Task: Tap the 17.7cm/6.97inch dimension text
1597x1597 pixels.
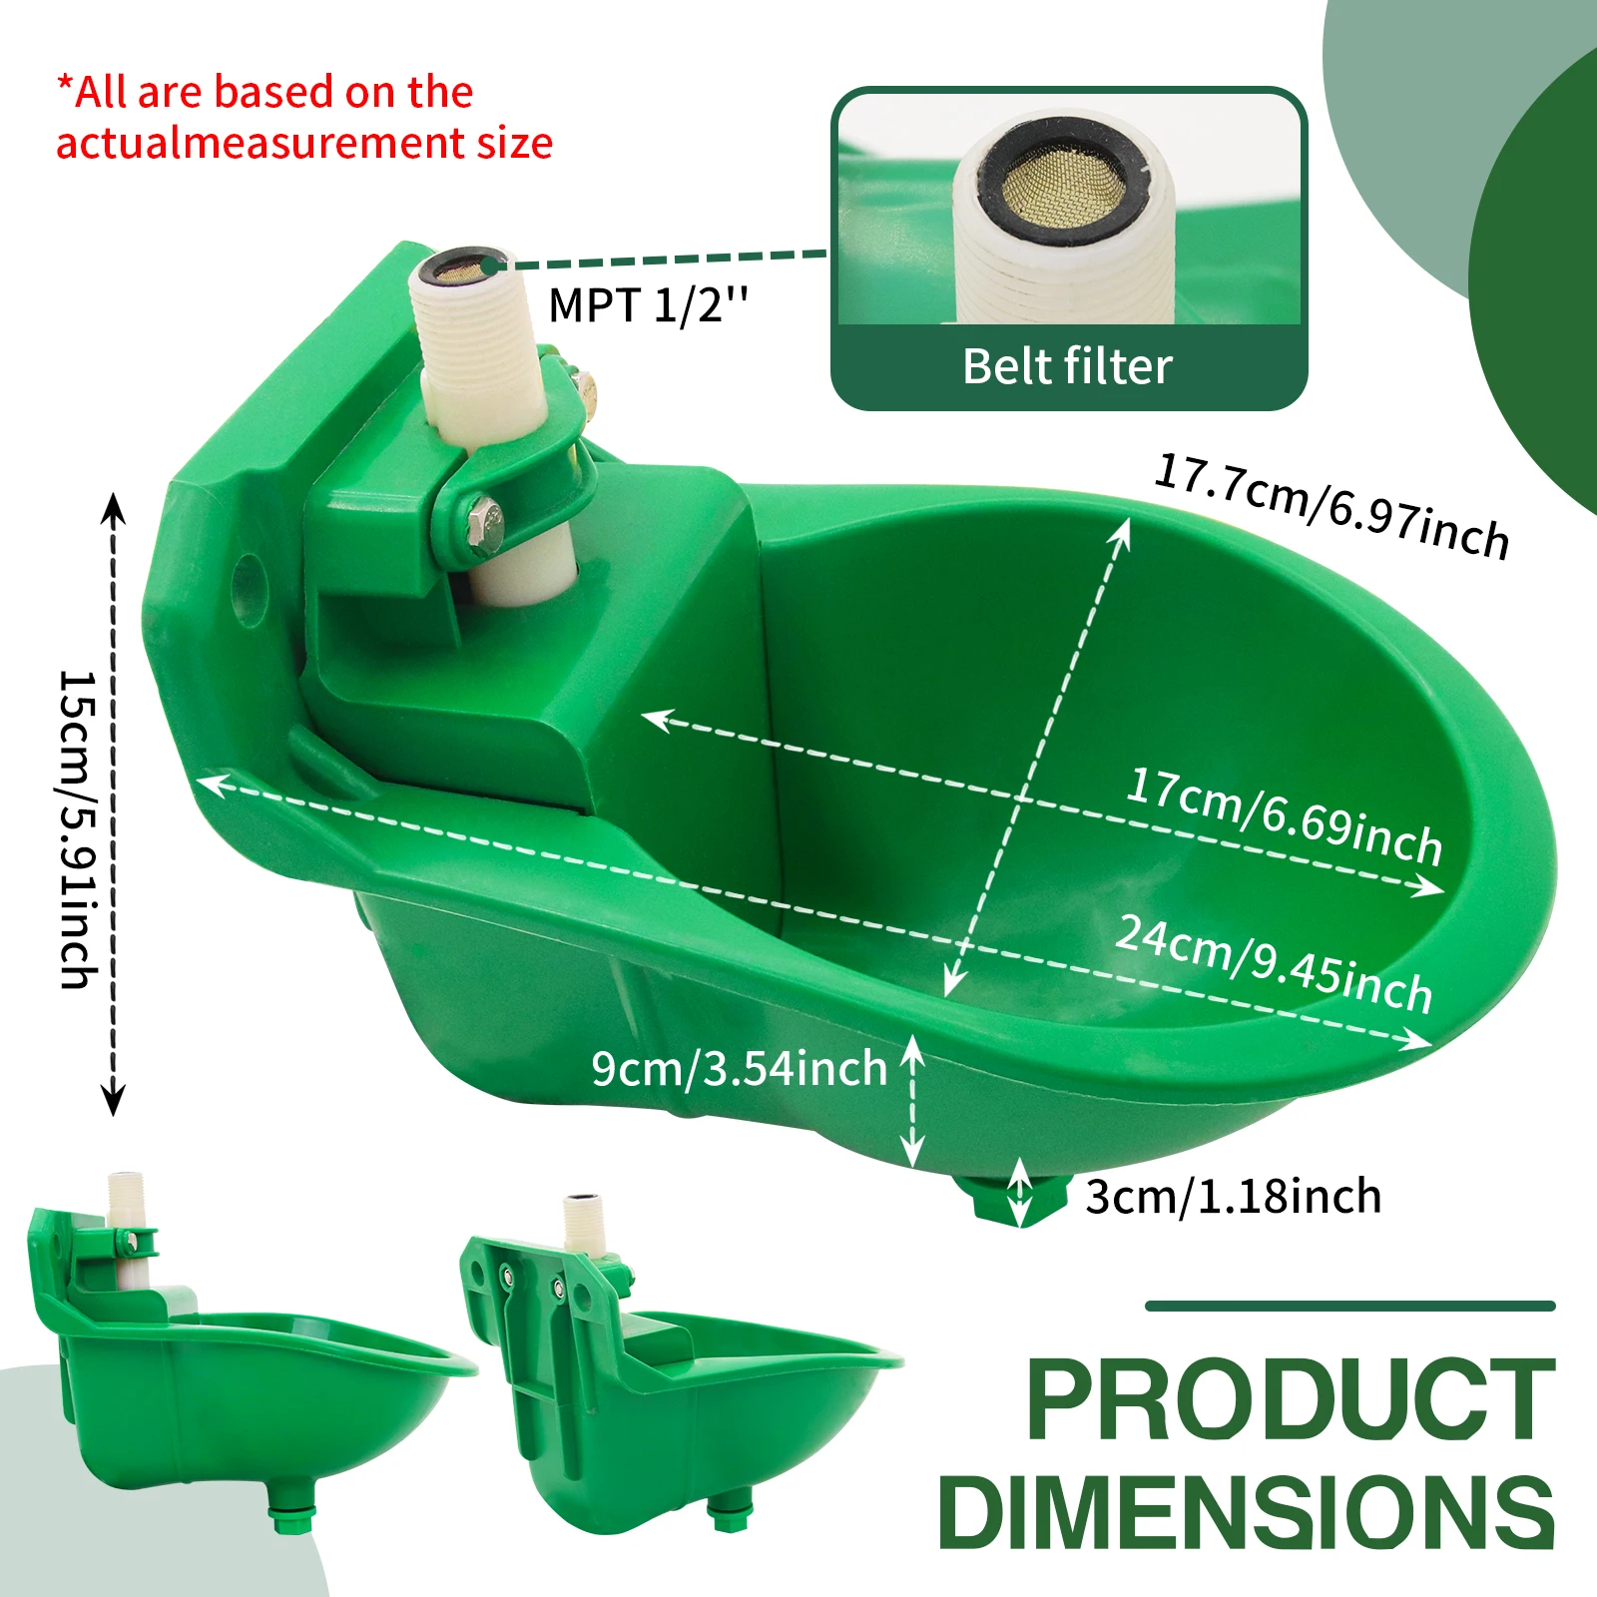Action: [x=1331, y=507]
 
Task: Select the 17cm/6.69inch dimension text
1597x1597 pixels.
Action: [x=1285, y=816]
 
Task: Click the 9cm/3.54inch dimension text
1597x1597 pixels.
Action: [x=739, y=1068]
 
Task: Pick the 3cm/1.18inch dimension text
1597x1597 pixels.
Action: [x=1234, y=1196]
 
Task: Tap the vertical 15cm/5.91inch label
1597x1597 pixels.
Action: [x=78, y=828]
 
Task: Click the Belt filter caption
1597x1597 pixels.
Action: [x=1067, y=366]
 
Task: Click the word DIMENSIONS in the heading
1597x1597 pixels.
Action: [x=1247, y=1513]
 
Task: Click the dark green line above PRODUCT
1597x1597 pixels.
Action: [x=1349, y=1306]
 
